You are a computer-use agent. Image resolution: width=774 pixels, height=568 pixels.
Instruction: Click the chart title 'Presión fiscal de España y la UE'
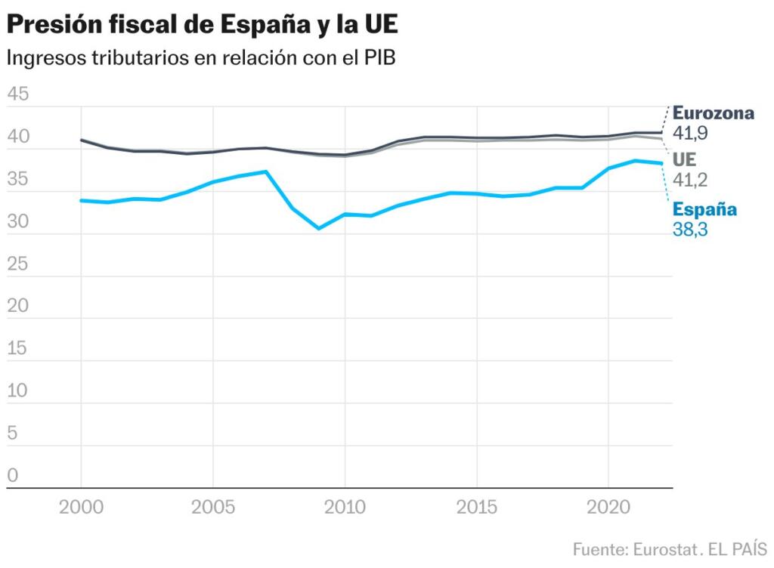pyautogui.click(x=202, y=26)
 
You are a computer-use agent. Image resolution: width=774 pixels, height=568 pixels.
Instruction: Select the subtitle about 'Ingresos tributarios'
pyautogui.click(x=201, y=58)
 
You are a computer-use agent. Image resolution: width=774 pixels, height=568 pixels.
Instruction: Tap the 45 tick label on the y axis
pyautogui.click(x=17, y=94)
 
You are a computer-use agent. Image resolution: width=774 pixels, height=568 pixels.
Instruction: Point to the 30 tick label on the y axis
pyautogui.click(x=17, y=222)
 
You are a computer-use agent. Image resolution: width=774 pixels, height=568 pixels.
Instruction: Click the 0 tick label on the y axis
pyautogui.click(x=12, y=476)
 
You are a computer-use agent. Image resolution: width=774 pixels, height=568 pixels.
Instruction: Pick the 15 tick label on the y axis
pyautogui.click(x=17, y=349)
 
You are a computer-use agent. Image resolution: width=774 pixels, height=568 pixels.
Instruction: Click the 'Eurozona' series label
pyautogui.click(x=713, y=113)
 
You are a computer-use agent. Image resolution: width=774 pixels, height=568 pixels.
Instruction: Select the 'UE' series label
pyautogui.click(x=684, y=160)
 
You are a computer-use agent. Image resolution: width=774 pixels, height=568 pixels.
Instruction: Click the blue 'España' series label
pyautogui.click(x=704, y=209)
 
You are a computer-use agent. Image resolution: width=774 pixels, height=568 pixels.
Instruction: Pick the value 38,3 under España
pyautogui.click(x=690, y=230)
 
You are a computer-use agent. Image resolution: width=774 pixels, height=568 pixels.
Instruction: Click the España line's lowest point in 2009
pyautogui.click(x=318, y=228)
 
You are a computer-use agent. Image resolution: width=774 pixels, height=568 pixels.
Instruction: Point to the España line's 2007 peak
pyautogui.click(x=266, y=171)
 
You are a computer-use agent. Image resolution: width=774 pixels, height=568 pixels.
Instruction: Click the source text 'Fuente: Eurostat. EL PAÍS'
pyautogui.click(x=670, y=548)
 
